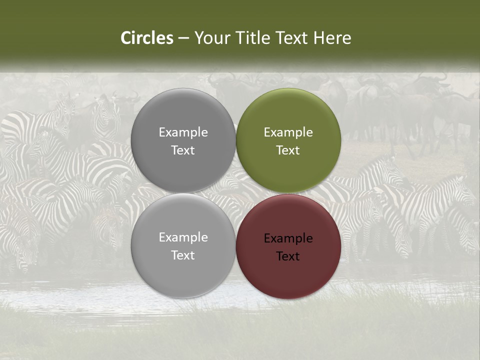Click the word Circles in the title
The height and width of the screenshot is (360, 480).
(147, 38)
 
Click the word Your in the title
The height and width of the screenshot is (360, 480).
(210, 38)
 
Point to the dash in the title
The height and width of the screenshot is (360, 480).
(183, 38)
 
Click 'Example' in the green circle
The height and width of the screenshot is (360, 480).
(288, 132)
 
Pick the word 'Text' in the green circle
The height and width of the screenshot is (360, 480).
(288, 150)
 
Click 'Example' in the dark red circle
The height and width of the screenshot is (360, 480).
(288, 238)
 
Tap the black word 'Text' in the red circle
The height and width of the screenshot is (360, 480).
(288, 256)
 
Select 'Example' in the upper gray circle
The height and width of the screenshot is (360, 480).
(183, 132)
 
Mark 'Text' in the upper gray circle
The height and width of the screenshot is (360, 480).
(183, 150)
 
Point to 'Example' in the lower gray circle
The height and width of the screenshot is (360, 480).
(183, 237)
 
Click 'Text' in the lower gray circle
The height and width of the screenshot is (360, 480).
(183, 255)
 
